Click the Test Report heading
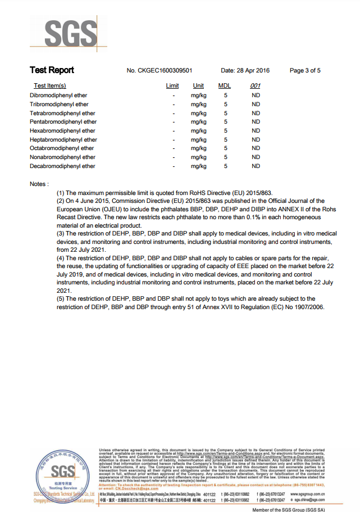coord(52,70)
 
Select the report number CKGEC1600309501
coord(160,71)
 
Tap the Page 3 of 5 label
coord(305,71)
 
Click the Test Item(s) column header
coord(50,86)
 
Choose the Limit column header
coord(172,86)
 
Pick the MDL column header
coord(224,86)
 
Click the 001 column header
coord(255,86)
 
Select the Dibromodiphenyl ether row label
coord(58,96)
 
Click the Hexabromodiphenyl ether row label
coord(62,131)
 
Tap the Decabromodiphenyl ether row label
coord(62,166)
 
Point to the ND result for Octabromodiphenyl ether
coord(256,148)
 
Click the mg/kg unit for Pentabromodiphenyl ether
coord(198,122)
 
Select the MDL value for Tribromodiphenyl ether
coord(225,105)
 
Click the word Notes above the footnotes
coord(39,184)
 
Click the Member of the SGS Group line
coord(288,509)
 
